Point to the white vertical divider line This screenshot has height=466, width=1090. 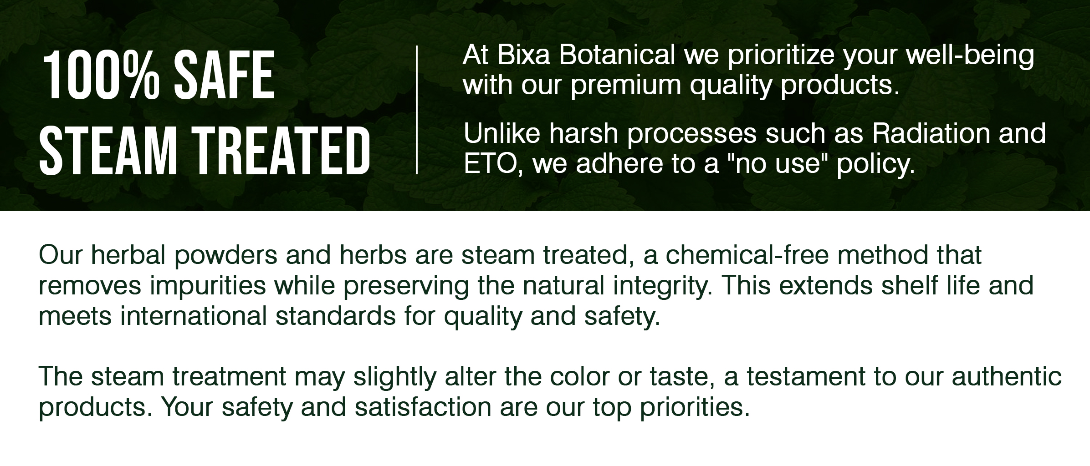[416, 110]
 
